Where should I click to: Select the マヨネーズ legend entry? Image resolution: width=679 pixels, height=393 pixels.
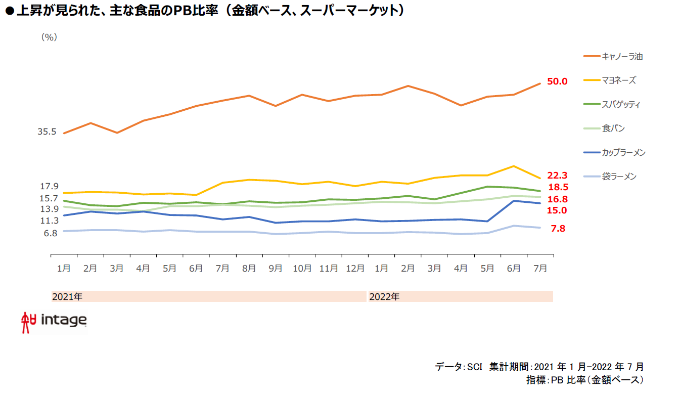[618, 80]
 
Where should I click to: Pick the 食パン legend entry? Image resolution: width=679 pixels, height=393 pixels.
[613, 128]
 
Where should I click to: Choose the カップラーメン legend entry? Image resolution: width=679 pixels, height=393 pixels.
[623, 153]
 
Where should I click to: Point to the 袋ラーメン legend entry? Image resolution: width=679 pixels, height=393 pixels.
[619, 177]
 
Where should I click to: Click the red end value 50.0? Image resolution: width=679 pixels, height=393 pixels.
[557, 81]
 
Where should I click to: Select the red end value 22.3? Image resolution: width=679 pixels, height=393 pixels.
[557, 176]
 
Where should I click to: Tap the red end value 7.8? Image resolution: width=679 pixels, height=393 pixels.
[557, 229]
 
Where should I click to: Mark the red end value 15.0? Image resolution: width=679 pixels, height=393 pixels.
[557, 210]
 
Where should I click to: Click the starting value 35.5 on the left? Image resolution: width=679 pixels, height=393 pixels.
[47, 132]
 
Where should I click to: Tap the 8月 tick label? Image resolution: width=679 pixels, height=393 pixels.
[249, 269]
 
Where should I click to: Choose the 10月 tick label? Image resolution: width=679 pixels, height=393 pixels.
[302, 269]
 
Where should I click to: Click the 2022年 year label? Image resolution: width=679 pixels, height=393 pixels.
[384, 297]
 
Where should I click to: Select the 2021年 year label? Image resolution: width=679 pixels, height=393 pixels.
[67, 297]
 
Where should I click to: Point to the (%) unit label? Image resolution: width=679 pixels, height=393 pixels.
[49, 36]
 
